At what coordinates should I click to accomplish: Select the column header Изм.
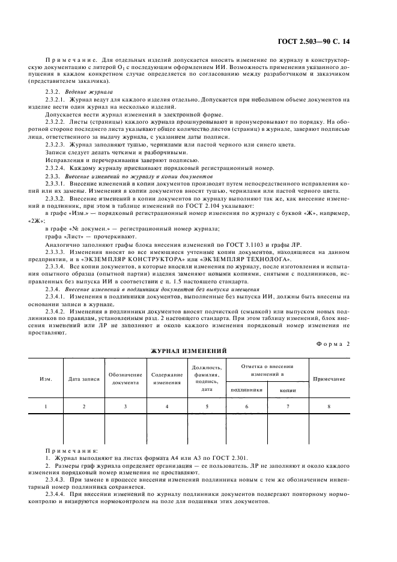(46, 379)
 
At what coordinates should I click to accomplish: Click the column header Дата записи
(84, 379)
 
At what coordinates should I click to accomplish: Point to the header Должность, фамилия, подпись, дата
(207, 378)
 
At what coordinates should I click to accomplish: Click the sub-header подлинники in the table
(246, 389)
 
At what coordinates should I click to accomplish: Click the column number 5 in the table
(207, 406)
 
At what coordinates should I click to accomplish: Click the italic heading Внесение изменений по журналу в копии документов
(139, 177)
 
